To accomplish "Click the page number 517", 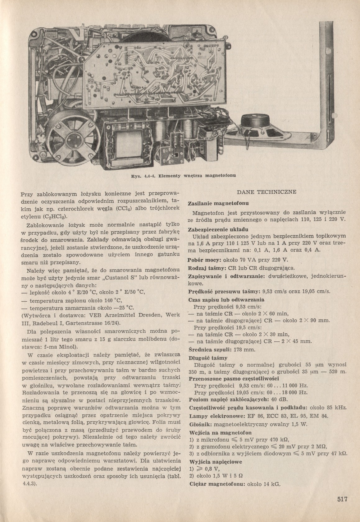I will coord(342,500).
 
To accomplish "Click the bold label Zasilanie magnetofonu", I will coord(219,204).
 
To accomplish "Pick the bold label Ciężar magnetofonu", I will coord(217,484).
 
